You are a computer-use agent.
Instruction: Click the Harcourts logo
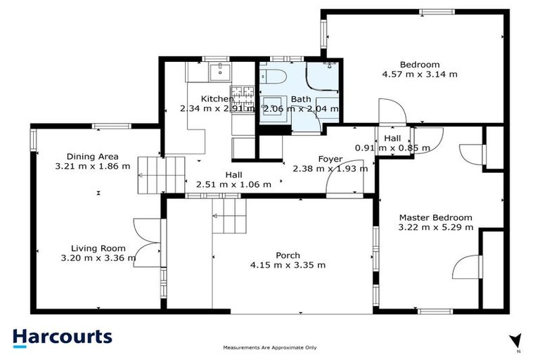click(x=63, y=336)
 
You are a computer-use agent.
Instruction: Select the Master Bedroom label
click(x=435, y=218)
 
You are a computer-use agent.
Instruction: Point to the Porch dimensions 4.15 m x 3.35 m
click(x=288, y=265)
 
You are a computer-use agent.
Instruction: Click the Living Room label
click(x=98, y=248)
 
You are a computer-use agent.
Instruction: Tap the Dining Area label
click(x=92, y=157)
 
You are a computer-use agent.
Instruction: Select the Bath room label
click(x=301, y=99)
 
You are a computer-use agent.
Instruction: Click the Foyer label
click(x=330, y=159)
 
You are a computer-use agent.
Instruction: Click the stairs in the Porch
click(x=230, y=214)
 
